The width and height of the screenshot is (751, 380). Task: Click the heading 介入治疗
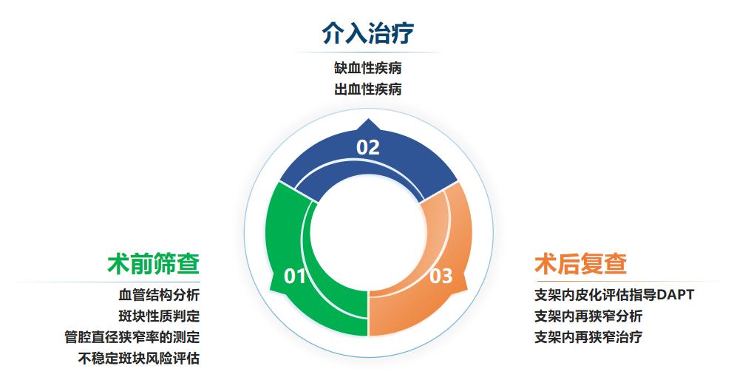(368, 33)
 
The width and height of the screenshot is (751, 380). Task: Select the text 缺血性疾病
(368, 68)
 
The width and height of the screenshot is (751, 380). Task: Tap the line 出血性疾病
(368, 89)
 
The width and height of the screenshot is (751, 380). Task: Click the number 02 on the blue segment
(368, 147)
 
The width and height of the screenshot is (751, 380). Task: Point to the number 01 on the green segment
(294, 276)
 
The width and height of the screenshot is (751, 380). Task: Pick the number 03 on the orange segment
(441, 276)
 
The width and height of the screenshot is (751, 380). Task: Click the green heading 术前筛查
(153, 263)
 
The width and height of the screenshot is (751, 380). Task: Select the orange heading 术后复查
(580, 263)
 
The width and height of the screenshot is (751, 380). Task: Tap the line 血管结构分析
(159, 295)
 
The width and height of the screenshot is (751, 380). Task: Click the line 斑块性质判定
(159, 316)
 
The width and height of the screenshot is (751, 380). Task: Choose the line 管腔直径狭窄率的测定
(132, 337)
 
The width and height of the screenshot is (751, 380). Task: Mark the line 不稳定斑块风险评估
(139, 358)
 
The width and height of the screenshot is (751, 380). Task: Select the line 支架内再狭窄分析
(588, 316)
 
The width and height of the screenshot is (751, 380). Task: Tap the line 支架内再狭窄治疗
(588, 337)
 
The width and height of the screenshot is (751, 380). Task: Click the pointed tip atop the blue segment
(368, 119)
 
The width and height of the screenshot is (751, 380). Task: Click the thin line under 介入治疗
(368, 52)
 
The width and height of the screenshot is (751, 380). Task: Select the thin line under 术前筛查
(108, 282)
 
